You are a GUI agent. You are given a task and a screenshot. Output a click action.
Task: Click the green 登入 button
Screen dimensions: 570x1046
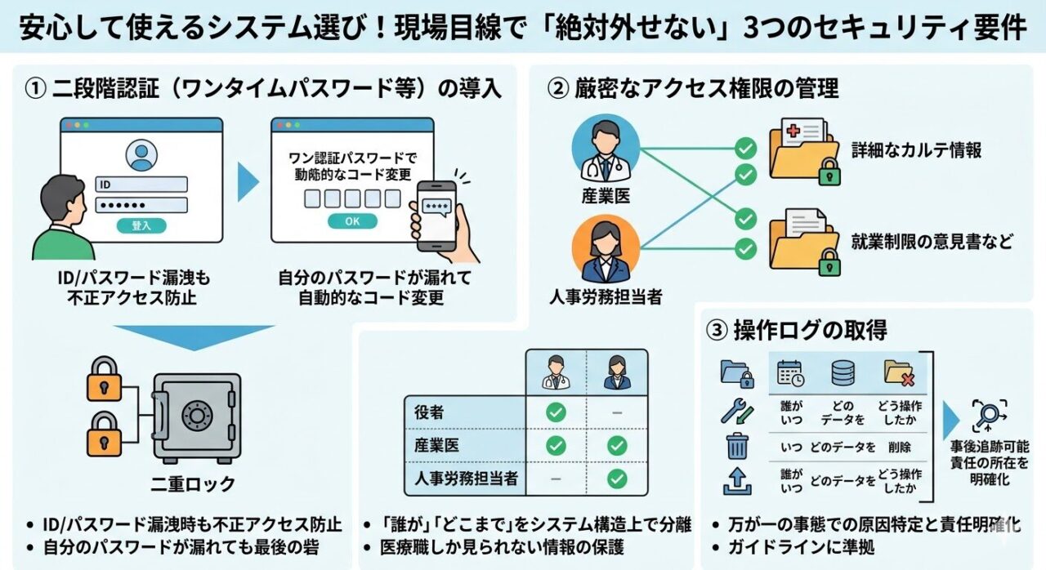[142, 225]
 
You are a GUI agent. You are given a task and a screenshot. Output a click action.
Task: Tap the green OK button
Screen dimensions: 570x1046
[351, 221]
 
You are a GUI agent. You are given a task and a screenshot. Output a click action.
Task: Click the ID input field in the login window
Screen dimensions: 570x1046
[142, 185]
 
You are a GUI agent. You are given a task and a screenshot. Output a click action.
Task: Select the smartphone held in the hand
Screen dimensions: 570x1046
[436, 213]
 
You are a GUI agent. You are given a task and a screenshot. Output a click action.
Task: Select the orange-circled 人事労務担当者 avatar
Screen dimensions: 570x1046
[606, 248]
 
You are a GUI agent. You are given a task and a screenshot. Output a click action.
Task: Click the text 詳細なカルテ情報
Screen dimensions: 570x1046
[916, 149]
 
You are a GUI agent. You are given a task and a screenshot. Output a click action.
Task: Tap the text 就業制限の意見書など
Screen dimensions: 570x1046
[932, 242]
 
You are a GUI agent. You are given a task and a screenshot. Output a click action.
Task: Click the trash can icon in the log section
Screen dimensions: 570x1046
[737, 447]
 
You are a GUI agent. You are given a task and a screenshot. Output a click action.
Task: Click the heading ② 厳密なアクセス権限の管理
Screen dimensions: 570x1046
[692, 88]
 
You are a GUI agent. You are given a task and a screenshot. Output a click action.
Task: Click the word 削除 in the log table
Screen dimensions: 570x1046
[897, 447]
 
